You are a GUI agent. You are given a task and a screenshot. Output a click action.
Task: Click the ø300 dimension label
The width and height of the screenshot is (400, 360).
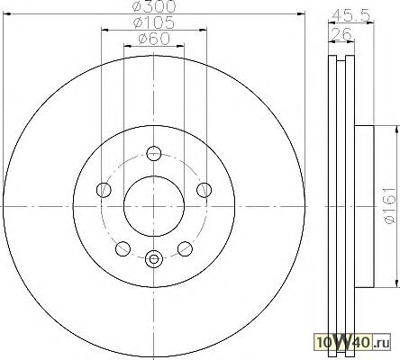pyautogui.click(x=154, y=6)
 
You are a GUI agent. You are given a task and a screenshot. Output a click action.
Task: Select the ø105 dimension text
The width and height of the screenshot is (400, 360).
pyautogui.click(x=154, y=22)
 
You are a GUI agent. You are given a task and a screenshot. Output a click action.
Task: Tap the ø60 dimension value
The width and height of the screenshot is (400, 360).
pyautogui.click(x=154, y=39)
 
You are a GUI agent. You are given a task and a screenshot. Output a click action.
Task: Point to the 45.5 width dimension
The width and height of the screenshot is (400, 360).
pyautogui.click(x=351, y=15)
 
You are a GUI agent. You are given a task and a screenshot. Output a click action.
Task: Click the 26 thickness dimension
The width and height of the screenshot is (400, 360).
pyautogui.click(x=341, y=34)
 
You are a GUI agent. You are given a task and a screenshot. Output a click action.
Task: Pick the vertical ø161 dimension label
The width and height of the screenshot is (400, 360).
pyautogui.click(x=390, y=206)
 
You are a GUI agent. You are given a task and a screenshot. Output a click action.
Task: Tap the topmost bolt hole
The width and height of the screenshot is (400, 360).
pyautogui.click(x=154, y=153)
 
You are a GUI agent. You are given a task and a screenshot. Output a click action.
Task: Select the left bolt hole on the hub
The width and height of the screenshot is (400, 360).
pyautogui.click(x=104, y=190)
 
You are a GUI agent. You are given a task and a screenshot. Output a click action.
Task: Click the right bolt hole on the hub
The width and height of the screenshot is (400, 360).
pyautogui.click(x=205, y=190)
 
